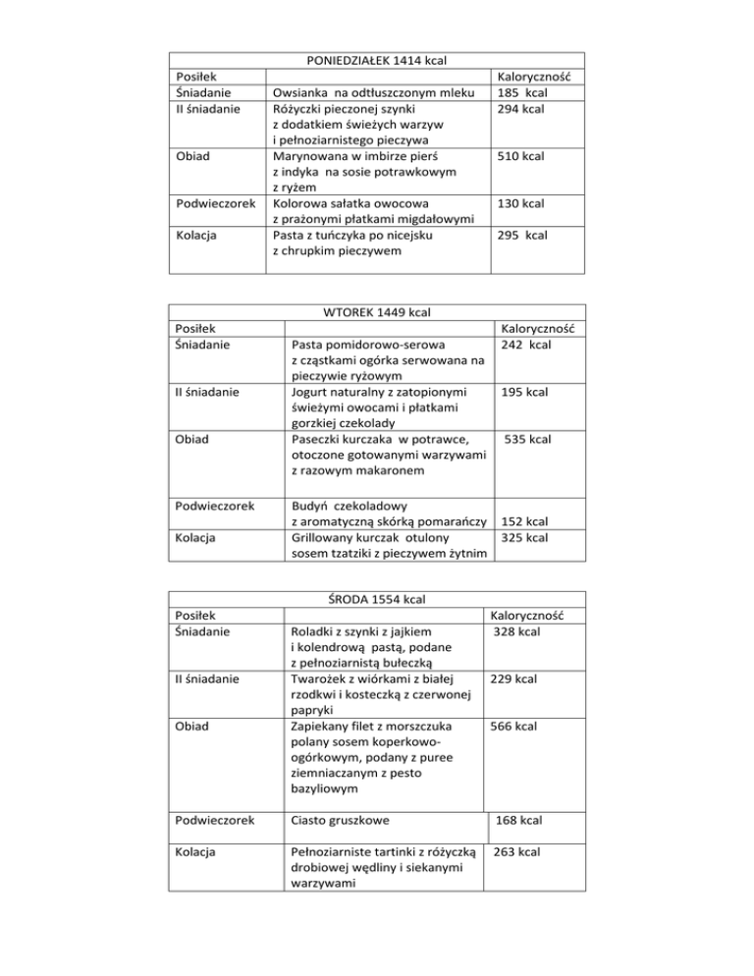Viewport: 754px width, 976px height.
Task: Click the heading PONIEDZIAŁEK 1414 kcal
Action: pos(377,61)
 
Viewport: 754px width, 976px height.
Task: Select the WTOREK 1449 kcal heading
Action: pos(377,313)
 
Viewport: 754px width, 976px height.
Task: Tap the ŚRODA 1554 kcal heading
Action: pos(377,598)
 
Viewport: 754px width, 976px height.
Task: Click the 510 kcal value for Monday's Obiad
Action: pos(520,156)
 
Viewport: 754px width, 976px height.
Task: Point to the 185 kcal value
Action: pos(522,92)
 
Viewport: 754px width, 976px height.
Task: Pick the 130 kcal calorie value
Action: pos(520,204)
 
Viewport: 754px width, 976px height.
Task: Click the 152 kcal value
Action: pos(525,520)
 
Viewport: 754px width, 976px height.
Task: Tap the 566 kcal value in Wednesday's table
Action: pos(513,727)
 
